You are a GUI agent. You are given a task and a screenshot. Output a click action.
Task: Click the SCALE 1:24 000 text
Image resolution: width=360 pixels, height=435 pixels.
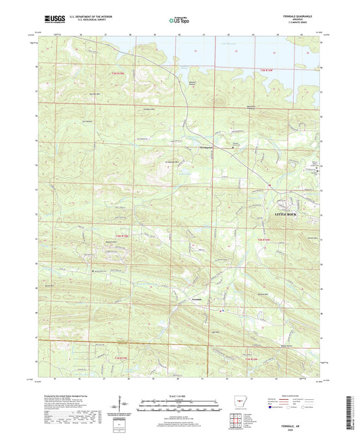(180, 396)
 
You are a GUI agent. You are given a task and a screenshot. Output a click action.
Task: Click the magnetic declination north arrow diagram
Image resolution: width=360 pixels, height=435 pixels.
(118, 409)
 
